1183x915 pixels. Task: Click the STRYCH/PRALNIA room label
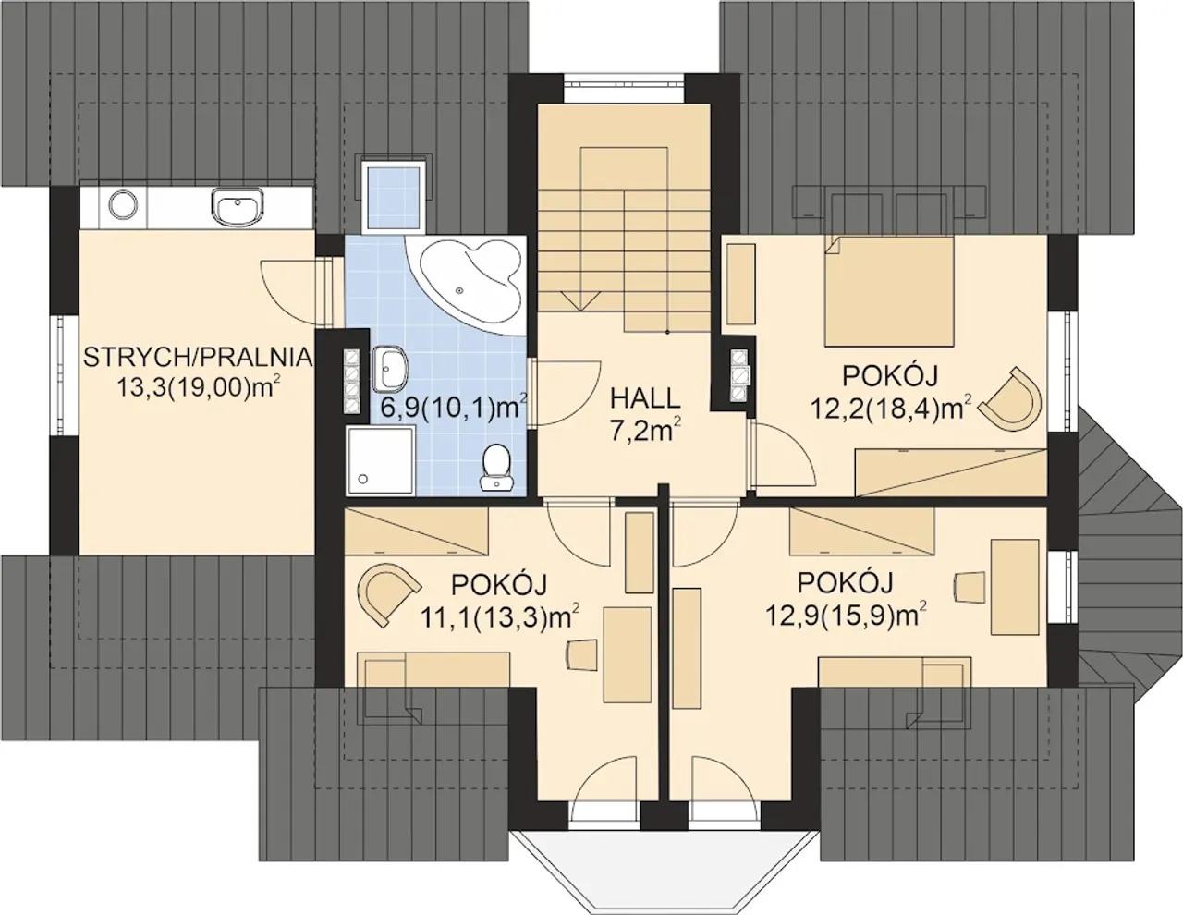point(198,358)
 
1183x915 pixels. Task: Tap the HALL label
point(644,398)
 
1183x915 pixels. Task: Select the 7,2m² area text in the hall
point(646,431)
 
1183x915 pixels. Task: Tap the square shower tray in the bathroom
point(381,460)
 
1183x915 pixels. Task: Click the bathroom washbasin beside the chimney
point(390,369)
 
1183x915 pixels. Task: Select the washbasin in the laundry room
point(238,207)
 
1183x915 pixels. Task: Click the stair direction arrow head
point(581,300)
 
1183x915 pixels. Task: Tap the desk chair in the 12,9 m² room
point(970,588)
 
